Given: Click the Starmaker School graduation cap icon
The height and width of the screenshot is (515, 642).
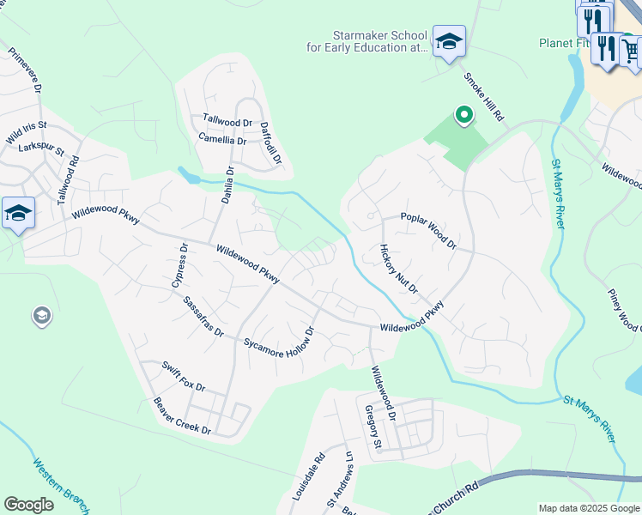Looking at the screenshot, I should click(448, 41).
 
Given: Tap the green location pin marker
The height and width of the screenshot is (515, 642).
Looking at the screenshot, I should click(463, 115).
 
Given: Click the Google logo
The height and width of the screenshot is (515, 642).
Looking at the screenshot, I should click(28, 505).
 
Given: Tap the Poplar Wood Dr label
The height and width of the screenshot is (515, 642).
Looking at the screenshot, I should click(428, 230).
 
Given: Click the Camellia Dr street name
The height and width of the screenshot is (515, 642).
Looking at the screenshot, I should click(222, 139).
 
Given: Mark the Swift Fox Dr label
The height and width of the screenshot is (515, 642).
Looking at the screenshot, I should click(183, 376).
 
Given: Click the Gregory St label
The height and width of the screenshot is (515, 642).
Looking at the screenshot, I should click(372, 427).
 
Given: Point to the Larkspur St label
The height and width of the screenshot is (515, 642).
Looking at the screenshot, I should click(41, 148).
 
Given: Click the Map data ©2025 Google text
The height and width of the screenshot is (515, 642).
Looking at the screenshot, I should click(589, 508).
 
